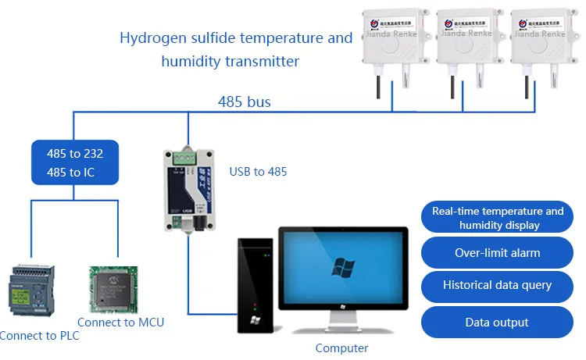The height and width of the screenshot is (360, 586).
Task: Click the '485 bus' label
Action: pyautogui.click(x=245, y=101)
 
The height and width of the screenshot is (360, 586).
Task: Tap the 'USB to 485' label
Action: pyautogui.click(x=258, y=171)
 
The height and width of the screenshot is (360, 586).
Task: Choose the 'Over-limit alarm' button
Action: pyautogui.click(x=497, y=253)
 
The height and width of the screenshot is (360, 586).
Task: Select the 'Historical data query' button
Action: pyautogui.click(x=497, y=286)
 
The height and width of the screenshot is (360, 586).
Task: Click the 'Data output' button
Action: pyautogui.click(x=497, y=322)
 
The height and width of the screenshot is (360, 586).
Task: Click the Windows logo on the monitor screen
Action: pyautogui.click(x=343, y=267)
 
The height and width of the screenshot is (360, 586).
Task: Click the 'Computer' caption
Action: pyautogui.click(x=341, y=348)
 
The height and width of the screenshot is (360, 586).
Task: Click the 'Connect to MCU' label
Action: pyautogui.click(x=120, y=322)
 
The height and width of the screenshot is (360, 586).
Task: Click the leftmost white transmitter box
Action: pyautogui.click(x=391, y=38)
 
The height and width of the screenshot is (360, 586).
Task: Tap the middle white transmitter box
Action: pyautogui.click(x=466, y=38)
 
